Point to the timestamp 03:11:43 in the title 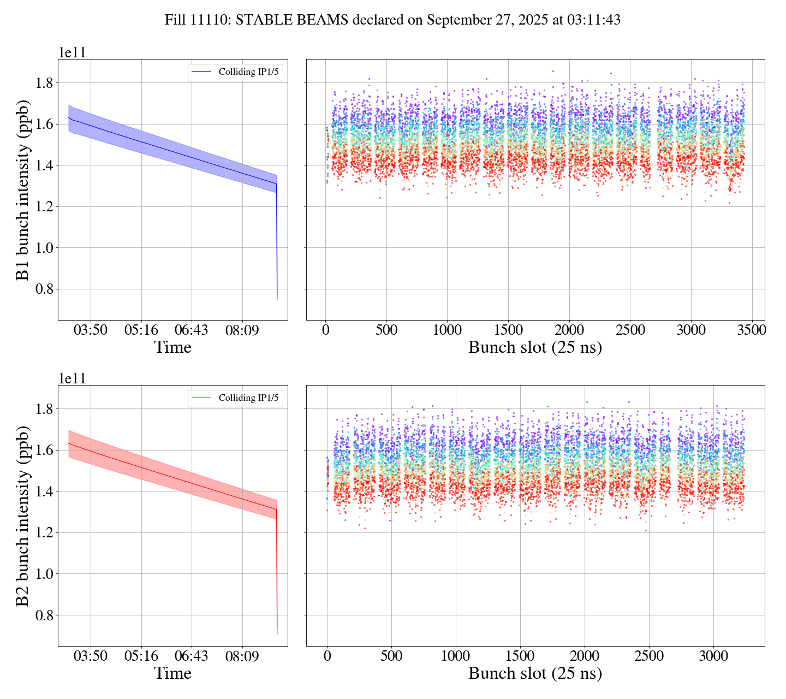point(593,20)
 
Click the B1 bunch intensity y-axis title point(22,189)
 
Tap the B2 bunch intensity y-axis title point(22,516)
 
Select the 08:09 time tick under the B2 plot point(242,656)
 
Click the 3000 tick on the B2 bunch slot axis point(713,656)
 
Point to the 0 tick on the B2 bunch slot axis point(327,656)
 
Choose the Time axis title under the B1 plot point(172,347)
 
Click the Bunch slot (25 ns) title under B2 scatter point(535,673)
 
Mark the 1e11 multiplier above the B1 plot point(72,53)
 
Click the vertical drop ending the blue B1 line point(277,240)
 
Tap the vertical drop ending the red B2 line point(277,568)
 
